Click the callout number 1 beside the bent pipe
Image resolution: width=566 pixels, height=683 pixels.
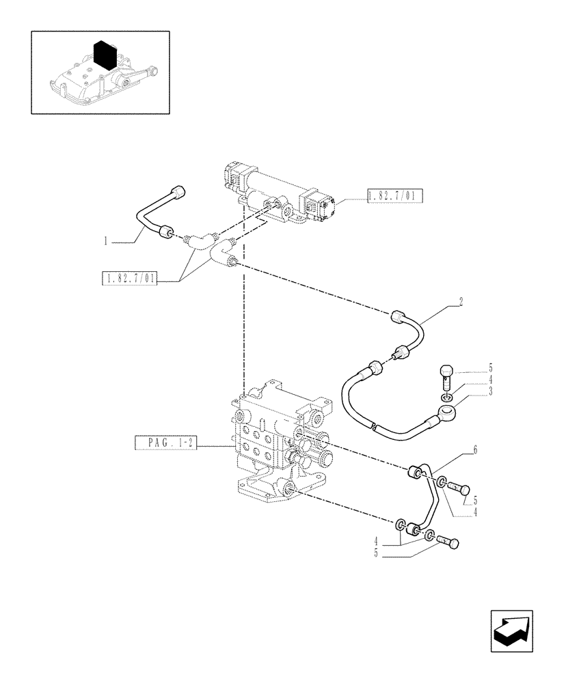106,240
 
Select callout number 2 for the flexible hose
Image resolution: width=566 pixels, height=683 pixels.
461,301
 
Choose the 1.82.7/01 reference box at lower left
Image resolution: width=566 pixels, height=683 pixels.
129,278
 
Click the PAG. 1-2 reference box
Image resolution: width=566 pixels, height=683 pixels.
166,444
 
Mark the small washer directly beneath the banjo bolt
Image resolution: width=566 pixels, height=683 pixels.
446,397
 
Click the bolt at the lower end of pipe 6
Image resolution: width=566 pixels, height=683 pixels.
448,542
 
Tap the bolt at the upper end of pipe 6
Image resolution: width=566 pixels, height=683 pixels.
462,488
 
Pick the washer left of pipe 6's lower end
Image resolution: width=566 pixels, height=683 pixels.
399,525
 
